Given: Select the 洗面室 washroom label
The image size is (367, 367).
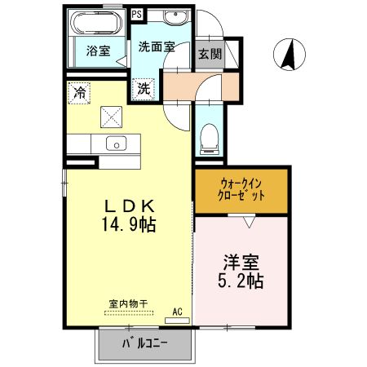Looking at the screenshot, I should coord(157,46).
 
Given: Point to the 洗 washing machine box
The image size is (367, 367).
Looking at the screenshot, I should coord(144,88).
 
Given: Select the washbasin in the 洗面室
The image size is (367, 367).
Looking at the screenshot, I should coord(173,18).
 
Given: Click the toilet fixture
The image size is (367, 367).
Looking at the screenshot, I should coord(211,135).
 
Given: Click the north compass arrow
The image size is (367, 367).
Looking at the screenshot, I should coord(288,55).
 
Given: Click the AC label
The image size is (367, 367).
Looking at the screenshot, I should coord(179,311).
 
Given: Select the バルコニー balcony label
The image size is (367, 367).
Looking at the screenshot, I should coord(146,343).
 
